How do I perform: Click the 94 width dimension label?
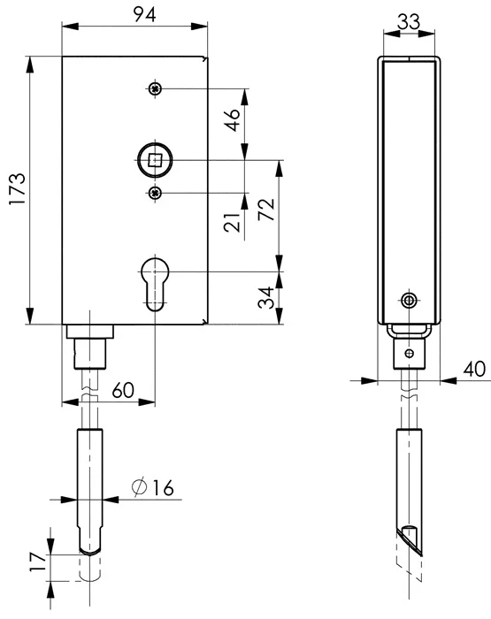click(144, 15)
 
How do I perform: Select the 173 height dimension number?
click(18, 188)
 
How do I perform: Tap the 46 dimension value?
click(233, 119)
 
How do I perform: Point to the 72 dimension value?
click(265, 210)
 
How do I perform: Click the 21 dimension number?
click(232, 222)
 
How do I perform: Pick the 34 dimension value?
click(265, 297)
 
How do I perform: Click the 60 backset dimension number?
click(123, 391)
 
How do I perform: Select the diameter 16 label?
click(152, 487)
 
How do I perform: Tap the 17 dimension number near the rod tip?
click(38, 562)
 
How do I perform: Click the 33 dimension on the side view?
click(409, 22)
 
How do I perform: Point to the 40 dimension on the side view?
click(474, 369)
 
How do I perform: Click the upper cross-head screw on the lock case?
click(155, 88)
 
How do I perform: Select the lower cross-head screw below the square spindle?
click(155, 193)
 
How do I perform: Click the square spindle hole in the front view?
click(155, 160)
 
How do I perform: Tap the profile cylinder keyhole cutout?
click(155, 284)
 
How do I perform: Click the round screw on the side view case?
click(409, 302)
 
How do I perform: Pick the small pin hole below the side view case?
click(410, 353)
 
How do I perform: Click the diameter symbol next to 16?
click(139, 487)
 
